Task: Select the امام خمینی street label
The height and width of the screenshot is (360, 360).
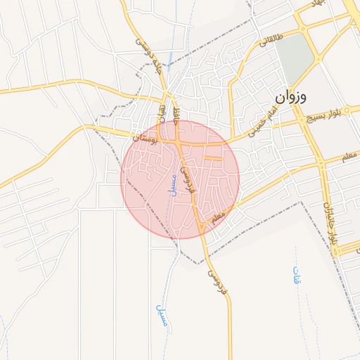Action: tap(264, 127)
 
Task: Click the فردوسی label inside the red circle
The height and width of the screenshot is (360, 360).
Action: tap(188, 180)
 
